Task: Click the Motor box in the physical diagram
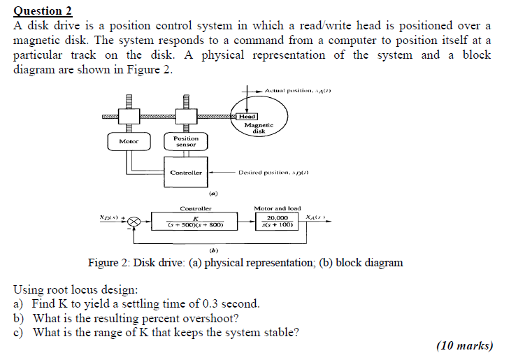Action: (129, 142)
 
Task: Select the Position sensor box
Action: (186, 142)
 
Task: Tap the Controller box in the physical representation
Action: (187, 173)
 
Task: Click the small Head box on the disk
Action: (247, 117)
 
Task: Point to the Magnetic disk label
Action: (259, 127)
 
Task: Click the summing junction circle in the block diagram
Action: (134, 222)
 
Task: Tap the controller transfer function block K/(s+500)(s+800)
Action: (196, 222)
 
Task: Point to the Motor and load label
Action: (278, 208)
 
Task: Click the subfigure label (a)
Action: (213, 193)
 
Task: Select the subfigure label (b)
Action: (213, 250)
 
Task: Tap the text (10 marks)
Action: (464, 345)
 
